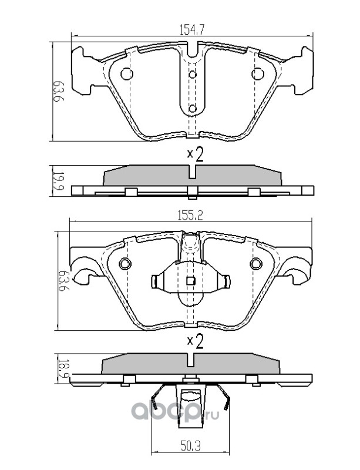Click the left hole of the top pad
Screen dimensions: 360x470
click(126, 74)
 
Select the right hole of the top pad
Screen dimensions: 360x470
click(257, 74)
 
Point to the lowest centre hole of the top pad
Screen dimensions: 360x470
click(192, 109)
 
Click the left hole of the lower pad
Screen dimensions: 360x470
click(124, 264)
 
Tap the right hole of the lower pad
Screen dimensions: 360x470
click(256, 264)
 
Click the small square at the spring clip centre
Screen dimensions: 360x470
click(190, 281)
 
